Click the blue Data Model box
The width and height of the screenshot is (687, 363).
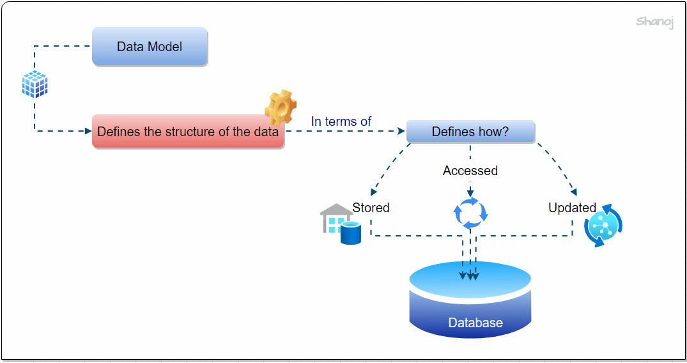(150, 47)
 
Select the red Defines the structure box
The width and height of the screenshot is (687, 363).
(188, 132)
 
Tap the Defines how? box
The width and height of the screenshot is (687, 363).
(470, 132)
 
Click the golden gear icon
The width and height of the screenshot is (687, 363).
(281, 107)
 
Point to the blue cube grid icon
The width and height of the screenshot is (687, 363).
(35, 84)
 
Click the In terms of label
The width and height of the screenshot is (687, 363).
(341, 121)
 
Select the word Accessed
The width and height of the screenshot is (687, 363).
(470, 171)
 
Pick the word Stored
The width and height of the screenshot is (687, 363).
(371, 208)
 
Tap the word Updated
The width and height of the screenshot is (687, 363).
(572, 208)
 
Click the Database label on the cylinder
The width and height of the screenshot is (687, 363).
(475, 323)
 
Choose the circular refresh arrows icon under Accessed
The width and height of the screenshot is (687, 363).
(471, 213)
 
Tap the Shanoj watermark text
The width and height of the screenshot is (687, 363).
(654, 22)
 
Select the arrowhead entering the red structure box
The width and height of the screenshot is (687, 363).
(88, 132)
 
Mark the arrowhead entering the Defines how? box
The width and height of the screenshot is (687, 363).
(402, 132)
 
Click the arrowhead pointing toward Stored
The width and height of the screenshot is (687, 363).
(372, 192)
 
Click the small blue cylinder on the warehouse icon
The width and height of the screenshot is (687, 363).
(351, 234)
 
